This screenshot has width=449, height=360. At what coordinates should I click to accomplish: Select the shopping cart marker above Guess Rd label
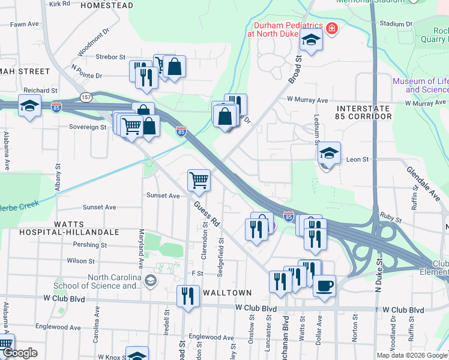tap(199, 179)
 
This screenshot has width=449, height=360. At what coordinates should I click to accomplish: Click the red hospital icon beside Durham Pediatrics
tap(331, 29)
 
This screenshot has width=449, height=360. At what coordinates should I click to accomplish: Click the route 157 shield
tap(87, 97)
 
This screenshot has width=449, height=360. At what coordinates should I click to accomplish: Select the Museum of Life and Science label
tap(420, 85)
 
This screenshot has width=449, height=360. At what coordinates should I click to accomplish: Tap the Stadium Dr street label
tap(397, 24)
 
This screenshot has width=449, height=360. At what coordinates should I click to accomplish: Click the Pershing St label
tap(89, 245)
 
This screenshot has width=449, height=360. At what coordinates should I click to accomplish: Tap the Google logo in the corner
tap(20, 353)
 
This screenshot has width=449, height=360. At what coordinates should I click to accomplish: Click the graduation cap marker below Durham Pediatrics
tap(311, 41)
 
